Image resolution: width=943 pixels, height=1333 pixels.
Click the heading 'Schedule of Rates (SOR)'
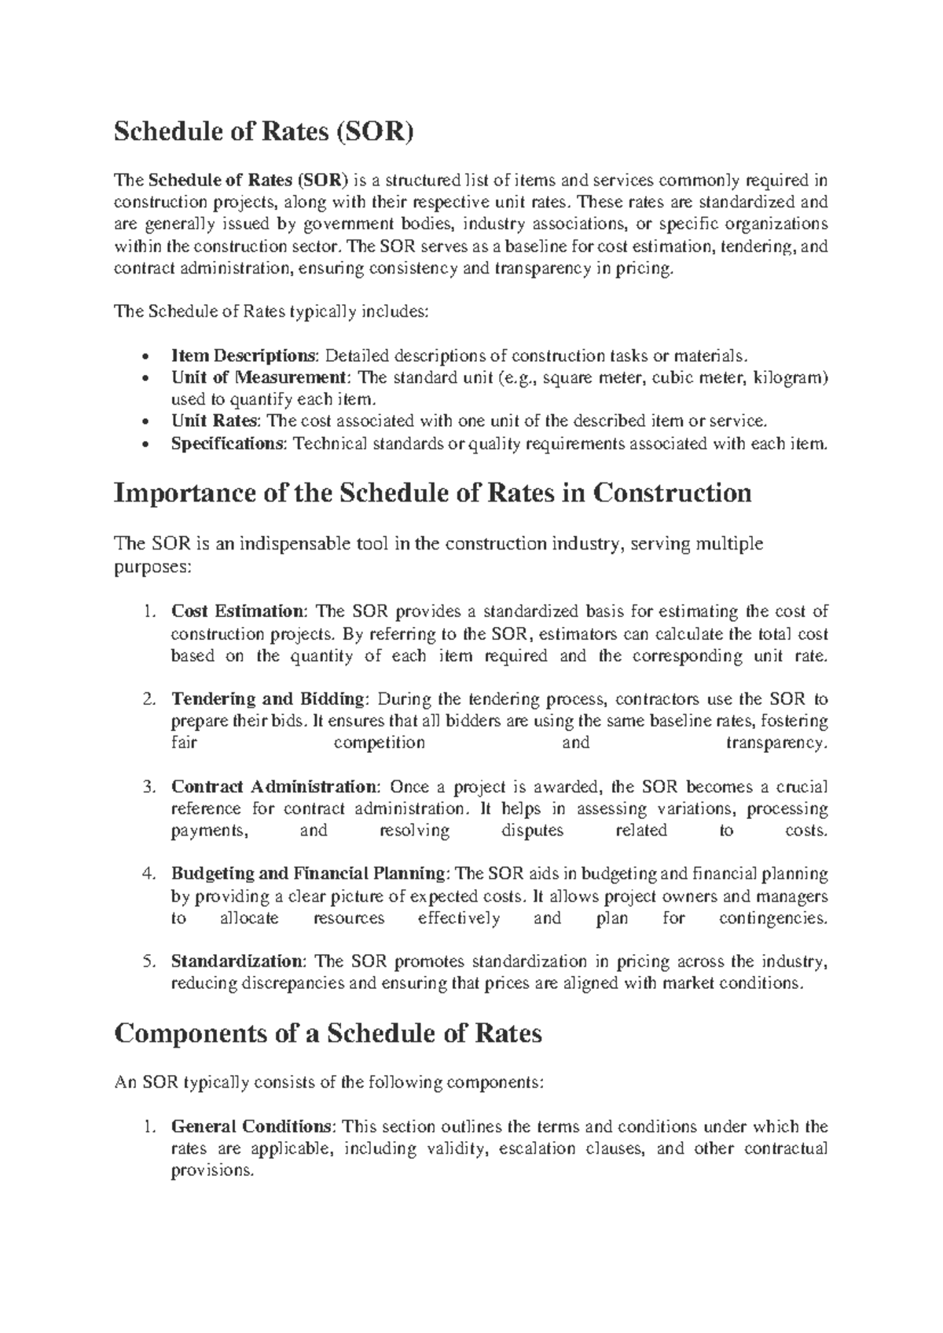tap(262, 132)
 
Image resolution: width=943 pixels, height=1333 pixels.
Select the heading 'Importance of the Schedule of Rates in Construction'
tap(433, 493)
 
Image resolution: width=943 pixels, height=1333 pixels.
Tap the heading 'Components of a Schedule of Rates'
tap(328, 1033)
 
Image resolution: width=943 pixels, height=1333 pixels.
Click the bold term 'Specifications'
tap(229, 443)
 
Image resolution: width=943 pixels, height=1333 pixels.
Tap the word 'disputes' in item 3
tap(533, 831)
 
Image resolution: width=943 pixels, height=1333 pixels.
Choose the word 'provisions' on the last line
tap(212, 1170)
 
